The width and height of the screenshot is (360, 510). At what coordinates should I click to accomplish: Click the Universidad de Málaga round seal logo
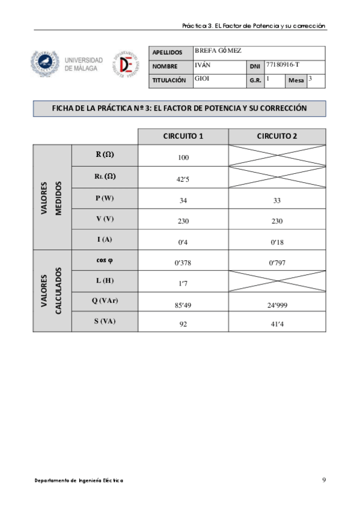(x=46, y=64)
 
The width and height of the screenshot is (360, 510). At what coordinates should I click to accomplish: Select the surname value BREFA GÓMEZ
(x=218, y=51)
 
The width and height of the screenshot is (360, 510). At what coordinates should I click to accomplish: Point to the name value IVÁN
(x=203, y=64)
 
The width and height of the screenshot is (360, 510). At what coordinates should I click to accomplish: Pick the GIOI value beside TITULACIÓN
(x=202, y=79)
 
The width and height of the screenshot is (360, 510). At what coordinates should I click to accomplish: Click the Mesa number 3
(x=310, y=78)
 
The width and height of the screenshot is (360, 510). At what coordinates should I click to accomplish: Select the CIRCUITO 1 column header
(x=183, y=136)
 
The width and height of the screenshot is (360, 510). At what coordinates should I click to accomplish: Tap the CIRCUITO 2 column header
(x=277, y=136)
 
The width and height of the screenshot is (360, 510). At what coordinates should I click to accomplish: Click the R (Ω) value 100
(x=183, y=158)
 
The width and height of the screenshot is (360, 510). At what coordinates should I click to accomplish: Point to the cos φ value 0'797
(x=277, y=263)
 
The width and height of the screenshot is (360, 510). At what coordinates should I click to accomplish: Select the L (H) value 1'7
(x=183, y=283)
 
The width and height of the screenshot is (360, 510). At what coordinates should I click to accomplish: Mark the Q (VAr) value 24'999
(x=277, y=305)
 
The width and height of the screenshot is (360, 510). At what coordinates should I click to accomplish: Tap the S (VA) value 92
(x=183, y=324)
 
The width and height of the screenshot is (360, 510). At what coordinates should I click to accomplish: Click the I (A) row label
(x=105, y=239)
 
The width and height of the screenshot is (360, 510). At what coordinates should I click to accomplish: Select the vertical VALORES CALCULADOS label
(x=52, y=290)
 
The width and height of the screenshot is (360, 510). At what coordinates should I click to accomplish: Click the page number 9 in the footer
(x=324, y=480)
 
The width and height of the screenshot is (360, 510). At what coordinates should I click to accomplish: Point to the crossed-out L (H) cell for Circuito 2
(x=277, y=281)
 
